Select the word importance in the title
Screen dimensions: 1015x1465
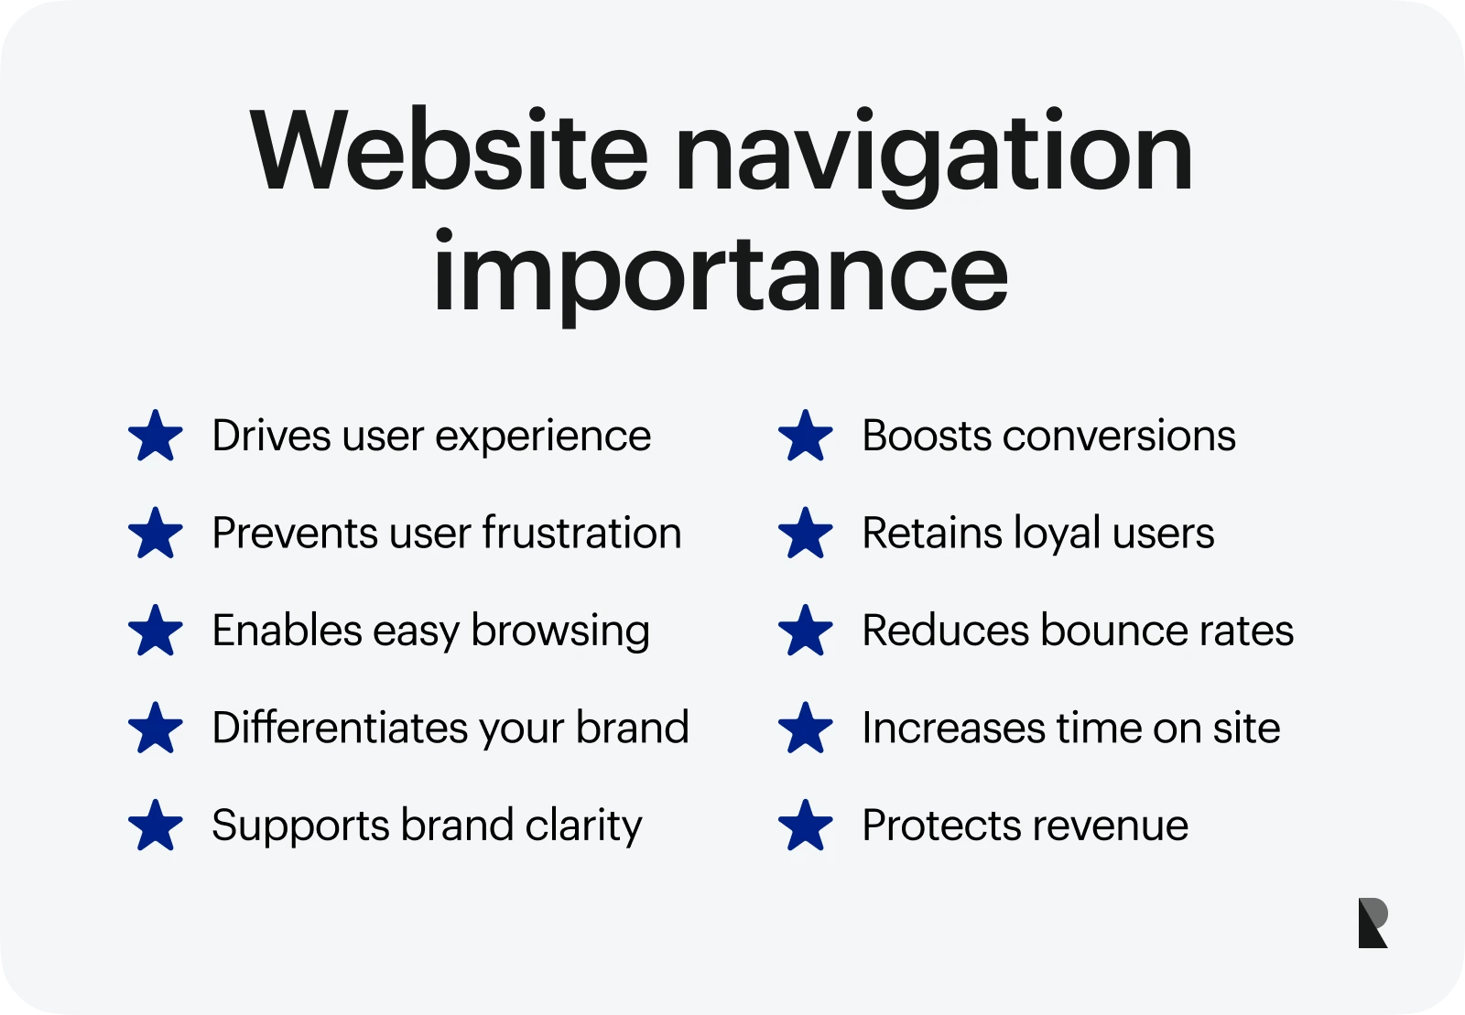click(720, 273)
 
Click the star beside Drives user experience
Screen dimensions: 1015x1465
click(156, 436)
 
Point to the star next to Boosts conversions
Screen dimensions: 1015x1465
click(806, 436)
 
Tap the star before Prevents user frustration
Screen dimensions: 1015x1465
click(156, 534)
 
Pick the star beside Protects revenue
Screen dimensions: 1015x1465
click(806, 826)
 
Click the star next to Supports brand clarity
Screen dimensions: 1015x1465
click(156, 826)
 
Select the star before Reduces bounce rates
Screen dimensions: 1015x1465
click(806, 631)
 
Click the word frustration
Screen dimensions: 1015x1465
click(581, 533)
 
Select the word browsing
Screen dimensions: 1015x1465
click(560, 632)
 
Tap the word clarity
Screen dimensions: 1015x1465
click(583, 826)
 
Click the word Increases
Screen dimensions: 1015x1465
click(953, 728)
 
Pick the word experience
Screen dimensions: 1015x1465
click(543, 437)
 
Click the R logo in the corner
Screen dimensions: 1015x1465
click(1373, 923)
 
